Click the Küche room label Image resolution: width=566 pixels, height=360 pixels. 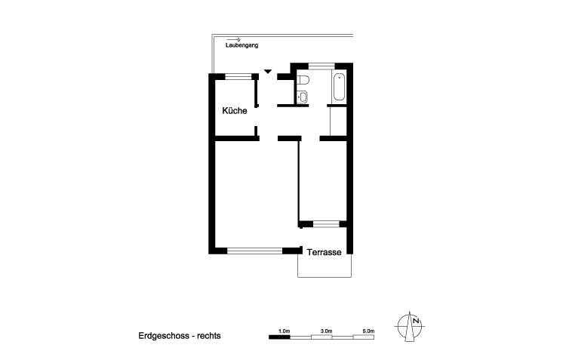(x=235, y=111)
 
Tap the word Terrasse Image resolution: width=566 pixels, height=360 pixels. (x=327, y=254)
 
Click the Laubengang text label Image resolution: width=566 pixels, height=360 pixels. (x=241, y=47)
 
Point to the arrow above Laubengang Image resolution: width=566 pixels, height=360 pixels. (x=233, y=39)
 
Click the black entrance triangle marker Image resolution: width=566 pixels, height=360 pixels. (x=267, y=72)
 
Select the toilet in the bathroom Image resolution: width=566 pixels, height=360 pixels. (x=302, y=81)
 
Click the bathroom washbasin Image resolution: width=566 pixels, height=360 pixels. (x=302, y=96)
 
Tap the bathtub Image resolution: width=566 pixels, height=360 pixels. (x=339, y=88)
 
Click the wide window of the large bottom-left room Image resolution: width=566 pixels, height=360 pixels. (x=254, y=251)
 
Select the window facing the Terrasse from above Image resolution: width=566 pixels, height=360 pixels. (x=325, y=223)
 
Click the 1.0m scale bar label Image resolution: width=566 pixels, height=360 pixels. (x=285, y=331)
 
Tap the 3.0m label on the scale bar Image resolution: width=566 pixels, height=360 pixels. (x=327, y=331)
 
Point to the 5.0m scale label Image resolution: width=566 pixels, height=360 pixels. (x=368, y=331)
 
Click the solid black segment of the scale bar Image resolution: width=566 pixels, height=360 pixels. (x=280, y=337)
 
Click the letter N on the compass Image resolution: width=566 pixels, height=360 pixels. (x=415, y=321)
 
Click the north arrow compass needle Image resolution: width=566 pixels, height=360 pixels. (x=411, y=326)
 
